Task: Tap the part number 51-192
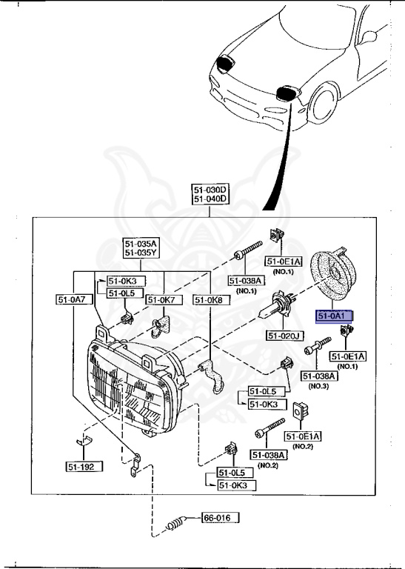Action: pyautogui.click(x=83, y=467)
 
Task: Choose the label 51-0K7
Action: pyautogui.click(x=161, y=299)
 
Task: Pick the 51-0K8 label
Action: pyautogui.click(x=209, y=299)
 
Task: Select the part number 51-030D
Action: pyautogui.click(x=210, y=190)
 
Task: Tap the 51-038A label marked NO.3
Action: pyautogui.click(x=319, y=376)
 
